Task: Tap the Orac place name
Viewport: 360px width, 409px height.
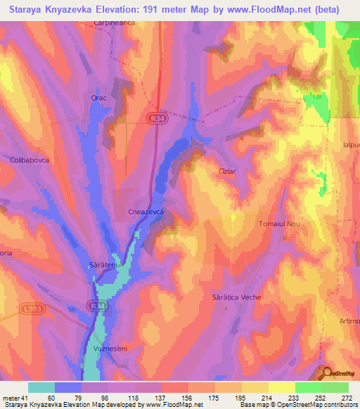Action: pos(98,98)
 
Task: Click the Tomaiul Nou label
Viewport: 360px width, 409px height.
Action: pos(279,223)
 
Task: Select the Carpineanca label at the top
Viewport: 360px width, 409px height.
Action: pos(114,22)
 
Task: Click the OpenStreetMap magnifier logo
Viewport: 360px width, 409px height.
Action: pos(327,373)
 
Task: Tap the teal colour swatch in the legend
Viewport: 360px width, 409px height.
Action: pos(41,387)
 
